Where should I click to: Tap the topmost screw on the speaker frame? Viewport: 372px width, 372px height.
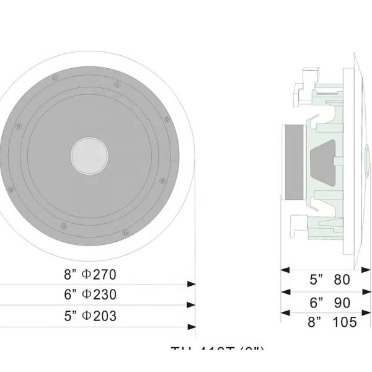(x=56, y=77)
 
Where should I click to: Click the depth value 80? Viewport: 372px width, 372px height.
(x=342, y=280)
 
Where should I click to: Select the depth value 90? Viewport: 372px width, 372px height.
(x=342, y=303)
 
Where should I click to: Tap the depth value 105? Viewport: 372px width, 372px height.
(x=345, y=322)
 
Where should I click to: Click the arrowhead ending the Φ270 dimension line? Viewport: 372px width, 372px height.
(x=192, y=284)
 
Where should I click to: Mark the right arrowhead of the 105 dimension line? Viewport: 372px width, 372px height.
(x=367, y=314)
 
